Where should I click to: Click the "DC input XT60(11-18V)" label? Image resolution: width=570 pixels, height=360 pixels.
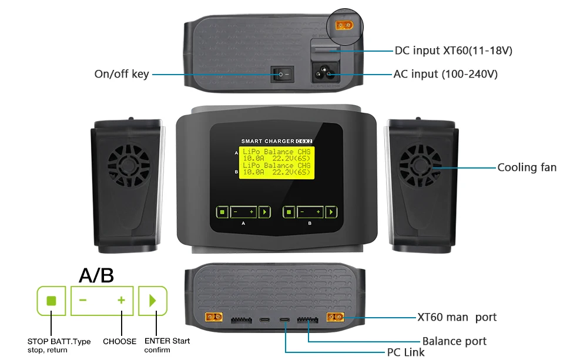[x=454, y=51]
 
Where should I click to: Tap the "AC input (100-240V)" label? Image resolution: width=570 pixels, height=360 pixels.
[x=445, y=74]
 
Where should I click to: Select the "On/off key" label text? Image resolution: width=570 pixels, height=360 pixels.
[x=122, y=74]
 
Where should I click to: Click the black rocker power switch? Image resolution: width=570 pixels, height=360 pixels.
[x=281, y=75]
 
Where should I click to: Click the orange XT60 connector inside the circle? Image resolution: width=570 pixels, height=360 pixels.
[x=344, y=26]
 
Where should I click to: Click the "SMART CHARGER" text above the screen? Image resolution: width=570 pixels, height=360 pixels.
[x=268, y=141]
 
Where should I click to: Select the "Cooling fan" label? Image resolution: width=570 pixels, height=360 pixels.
[x=527, y=167]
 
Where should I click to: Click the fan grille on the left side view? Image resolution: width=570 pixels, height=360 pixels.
[x=128, y=167]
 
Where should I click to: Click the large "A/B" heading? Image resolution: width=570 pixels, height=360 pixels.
[x=96, y=275]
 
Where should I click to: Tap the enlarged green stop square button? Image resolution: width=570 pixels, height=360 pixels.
[x=51, y=301]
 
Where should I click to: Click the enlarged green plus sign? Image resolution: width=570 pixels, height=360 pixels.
[x=121, y=301]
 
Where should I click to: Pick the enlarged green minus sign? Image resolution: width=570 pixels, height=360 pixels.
[x=83, y=301]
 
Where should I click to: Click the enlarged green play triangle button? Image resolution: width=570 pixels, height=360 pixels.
[x=153, y=301]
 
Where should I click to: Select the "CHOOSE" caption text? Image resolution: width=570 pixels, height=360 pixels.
[x=119, y=341]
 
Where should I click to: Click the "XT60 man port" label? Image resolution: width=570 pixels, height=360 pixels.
[x=457, y=317]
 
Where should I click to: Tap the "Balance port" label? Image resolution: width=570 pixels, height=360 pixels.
[x=454, y=341]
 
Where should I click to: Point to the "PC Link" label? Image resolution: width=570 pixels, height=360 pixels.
[x=405, y=353]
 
